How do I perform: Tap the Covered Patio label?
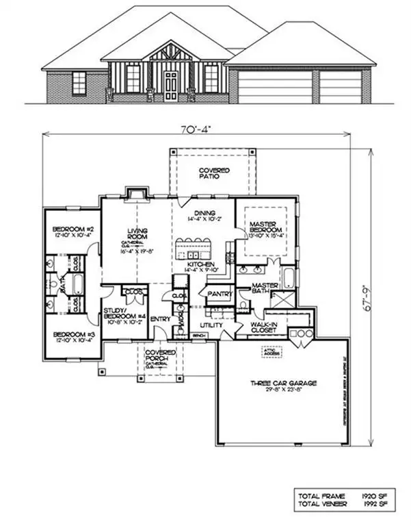[x=213, y=173]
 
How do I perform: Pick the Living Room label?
[x=137, y=235]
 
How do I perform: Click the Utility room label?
[x=211, y=325]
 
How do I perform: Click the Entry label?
[x=160, y=318]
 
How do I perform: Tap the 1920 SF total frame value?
[x=371, y=494]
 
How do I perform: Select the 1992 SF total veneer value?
[x=371, y=503]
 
